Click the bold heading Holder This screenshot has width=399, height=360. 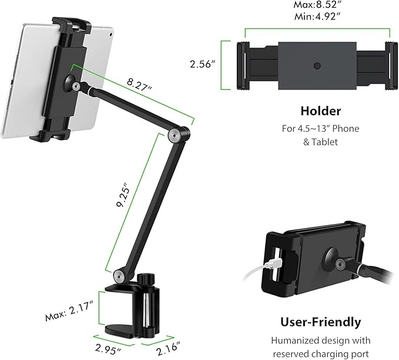[320, 111]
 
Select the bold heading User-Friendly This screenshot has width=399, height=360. [321, 322]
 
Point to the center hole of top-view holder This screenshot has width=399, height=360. [317, 65]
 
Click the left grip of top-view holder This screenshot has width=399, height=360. [241, 65]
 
